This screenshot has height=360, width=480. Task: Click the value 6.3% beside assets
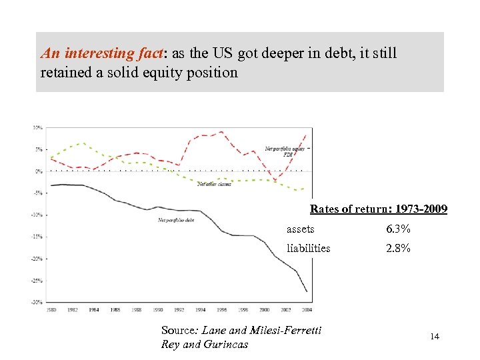[x=398, y=229]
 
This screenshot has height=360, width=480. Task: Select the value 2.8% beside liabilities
[x=398, y=248]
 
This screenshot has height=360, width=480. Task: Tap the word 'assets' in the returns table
[x=300, y=229]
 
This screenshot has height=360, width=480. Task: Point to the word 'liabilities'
[x=308, y=248]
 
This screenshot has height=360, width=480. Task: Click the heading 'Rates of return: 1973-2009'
[x=379, y=209]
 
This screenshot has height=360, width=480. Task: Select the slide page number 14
[x=435, y=337]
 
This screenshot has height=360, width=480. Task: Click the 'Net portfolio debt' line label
[x=176, y=219]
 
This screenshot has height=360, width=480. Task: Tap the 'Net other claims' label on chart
[x=214, y=185]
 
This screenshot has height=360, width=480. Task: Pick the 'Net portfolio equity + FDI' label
[x=285, y=151]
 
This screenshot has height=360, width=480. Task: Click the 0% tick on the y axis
[x=39, y=171]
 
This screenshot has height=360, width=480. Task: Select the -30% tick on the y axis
[x=37, y=302]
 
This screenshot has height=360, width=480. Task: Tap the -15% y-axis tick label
[x=37, y=237]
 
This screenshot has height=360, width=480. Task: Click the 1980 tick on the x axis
[x=51, y=309]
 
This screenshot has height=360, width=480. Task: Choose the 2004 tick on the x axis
[x=306, y=309]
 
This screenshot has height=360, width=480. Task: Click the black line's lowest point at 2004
[x=307, y=291]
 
